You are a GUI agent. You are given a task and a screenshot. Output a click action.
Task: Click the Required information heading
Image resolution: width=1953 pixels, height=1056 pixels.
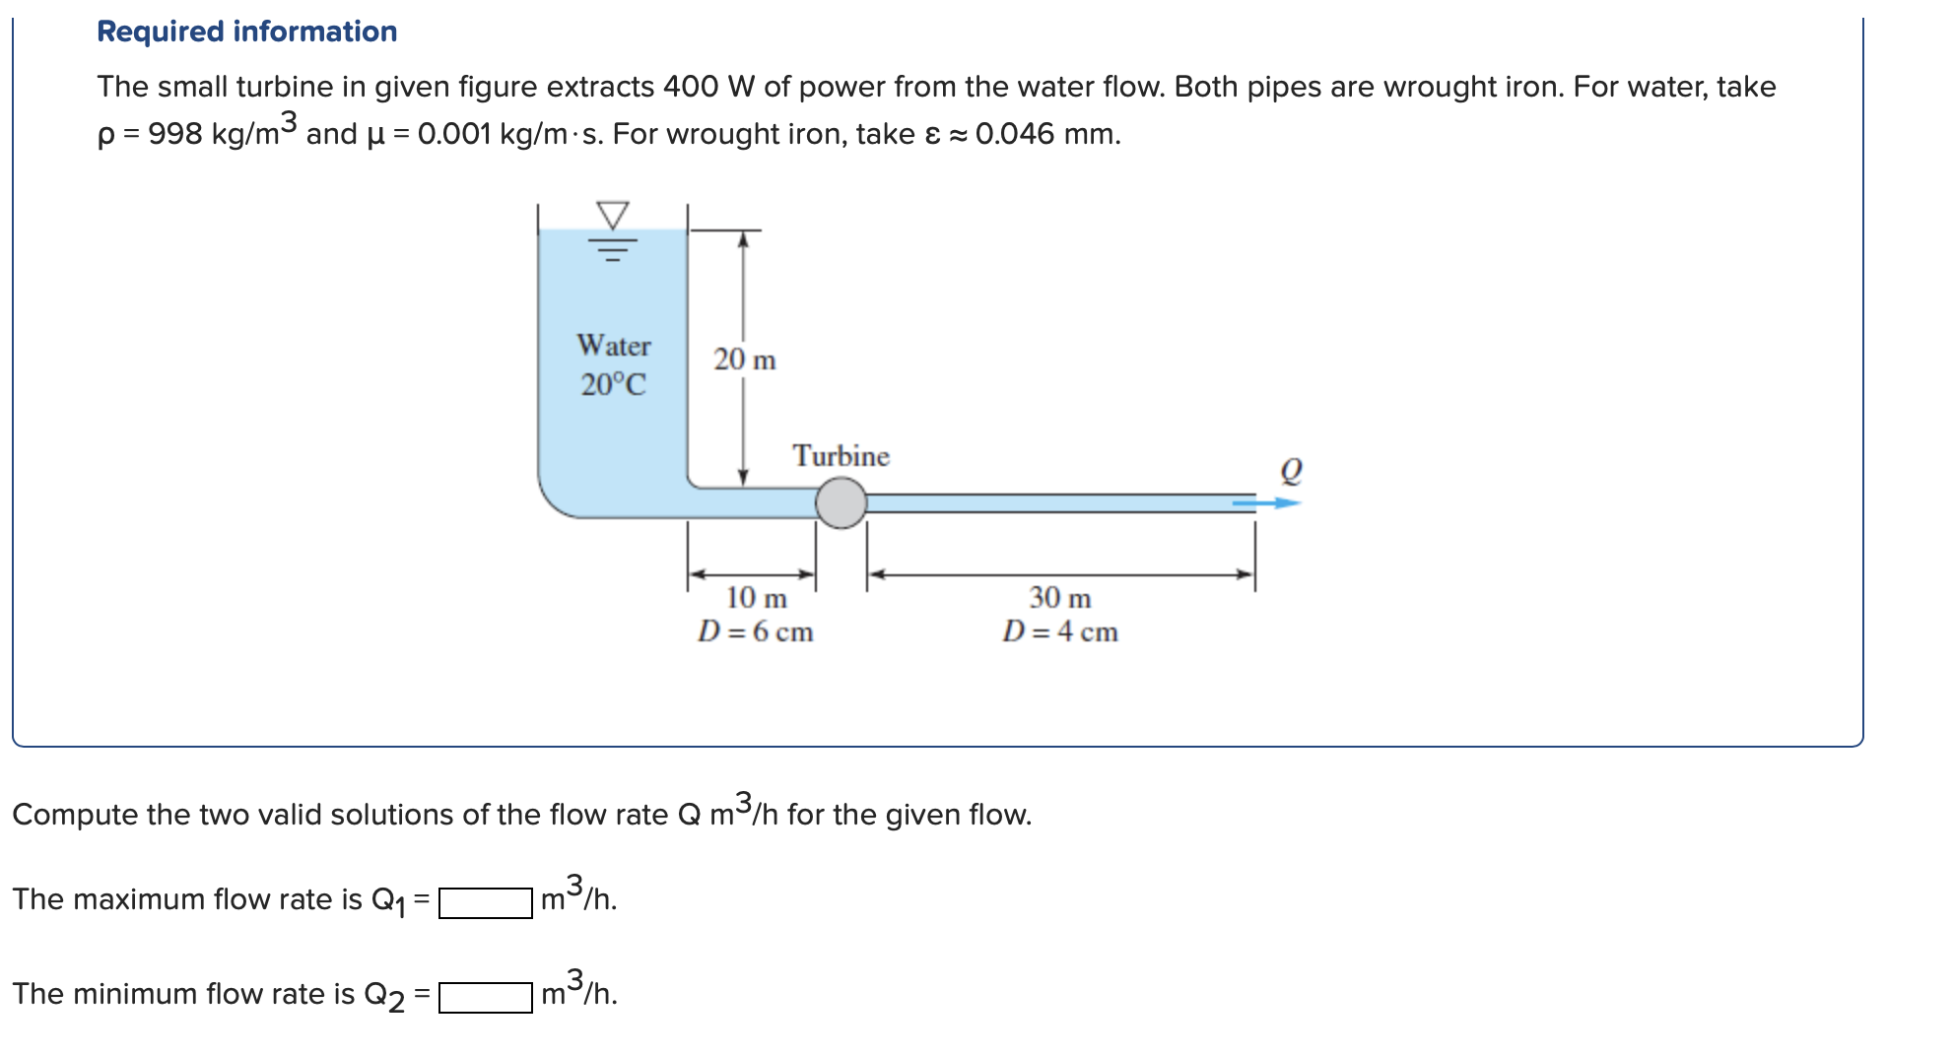tap(246, 32)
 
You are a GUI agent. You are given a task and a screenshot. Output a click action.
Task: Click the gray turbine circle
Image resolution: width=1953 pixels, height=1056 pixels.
tap(842, 502)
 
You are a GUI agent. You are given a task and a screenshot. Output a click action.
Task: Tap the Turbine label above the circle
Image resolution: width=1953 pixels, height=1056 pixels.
tap(841, 456)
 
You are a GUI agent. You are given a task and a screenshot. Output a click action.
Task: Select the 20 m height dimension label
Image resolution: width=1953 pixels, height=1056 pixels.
tap(745, 360)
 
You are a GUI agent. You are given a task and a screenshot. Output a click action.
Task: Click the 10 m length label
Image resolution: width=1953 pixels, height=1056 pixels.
tap(757, 598)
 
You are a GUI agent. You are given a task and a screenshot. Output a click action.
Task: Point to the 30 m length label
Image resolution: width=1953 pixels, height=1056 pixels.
tap(1060, 598)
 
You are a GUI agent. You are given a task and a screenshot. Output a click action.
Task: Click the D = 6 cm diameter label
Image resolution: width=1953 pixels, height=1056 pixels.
tap(756, 631)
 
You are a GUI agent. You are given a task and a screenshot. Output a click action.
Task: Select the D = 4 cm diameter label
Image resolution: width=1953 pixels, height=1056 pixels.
tap(1060, 631)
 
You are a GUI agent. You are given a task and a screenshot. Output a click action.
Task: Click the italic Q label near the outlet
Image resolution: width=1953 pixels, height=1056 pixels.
tap(1291, 471)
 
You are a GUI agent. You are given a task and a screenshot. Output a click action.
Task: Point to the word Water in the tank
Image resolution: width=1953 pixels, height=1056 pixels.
tap(614, 346)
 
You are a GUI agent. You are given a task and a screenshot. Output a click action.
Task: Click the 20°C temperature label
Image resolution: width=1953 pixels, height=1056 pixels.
tap(614, 384)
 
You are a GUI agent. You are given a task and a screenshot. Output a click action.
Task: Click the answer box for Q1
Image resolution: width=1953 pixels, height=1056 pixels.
tap(486, 902)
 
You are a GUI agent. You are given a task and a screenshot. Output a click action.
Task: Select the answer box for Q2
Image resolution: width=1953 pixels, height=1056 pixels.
tap(486, 997)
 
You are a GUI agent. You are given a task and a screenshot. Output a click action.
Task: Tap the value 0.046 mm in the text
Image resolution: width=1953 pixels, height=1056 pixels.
tap(1047, 134)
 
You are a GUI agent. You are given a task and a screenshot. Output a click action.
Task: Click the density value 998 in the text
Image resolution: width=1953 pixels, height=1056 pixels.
tap(174, 134)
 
